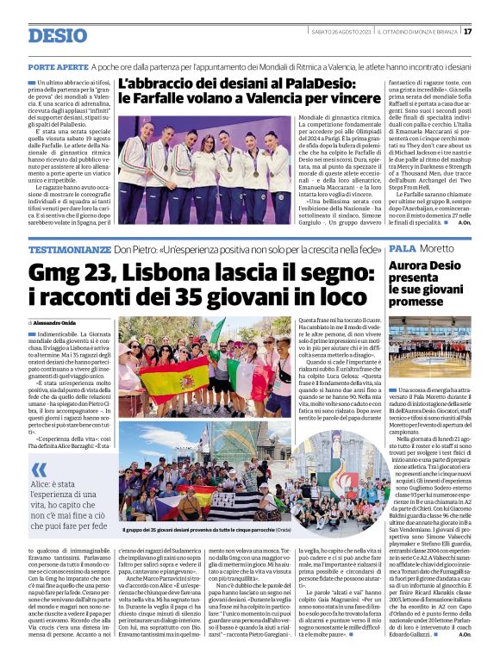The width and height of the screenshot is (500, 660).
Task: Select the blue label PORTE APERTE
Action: [59, 65]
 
